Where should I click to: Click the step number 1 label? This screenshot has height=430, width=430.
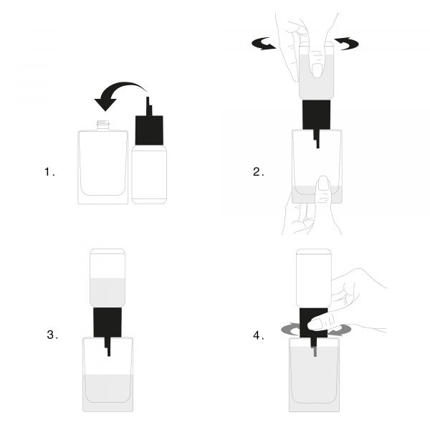[49, 172]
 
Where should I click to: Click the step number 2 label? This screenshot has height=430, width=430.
[258, 172]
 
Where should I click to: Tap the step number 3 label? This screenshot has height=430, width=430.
[52, 335]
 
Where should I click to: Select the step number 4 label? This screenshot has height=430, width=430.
[258, 335]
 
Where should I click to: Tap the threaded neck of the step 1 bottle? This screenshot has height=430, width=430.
[103, 125]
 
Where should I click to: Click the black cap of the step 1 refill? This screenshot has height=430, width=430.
[149, 130]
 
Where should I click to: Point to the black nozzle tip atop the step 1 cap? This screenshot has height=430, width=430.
[149, 106]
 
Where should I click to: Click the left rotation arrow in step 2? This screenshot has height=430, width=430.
[263, 44]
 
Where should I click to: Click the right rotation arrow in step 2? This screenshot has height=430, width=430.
[346, 43]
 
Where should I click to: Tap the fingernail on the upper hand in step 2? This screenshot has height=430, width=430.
[317, 70]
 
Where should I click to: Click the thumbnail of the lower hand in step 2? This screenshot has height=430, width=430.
[324, 183]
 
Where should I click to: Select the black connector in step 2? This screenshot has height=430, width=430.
[316, 115]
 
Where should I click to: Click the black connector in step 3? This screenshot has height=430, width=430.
[107, 322]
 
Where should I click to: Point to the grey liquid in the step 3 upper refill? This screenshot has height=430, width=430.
[107, 292]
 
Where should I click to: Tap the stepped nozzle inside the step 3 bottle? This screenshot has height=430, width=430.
[107, 347]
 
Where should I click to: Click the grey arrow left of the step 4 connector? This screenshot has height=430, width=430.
[290, 329]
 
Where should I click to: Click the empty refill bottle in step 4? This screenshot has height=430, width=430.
[313, 278]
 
